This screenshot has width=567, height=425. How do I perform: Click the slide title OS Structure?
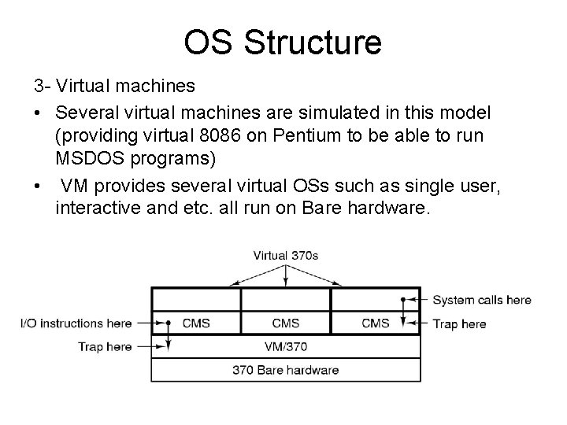coord(283,43)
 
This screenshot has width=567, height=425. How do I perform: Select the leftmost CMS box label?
coord(196,323)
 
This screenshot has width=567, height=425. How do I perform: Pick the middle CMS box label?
coord(285,323)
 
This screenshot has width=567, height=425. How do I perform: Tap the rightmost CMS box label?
coord(376,323)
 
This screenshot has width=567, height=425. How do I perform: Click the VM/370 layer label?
coord(285,346)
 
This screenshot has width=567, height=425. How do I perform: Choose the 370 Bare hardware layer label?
coord(285,369)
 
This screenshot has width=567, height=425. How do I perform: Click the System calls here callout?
coord(482,300)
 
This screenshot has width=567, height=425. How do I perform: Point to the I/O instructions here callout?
coord(76,323)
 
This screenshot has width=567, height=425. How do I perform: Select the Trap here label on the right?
coord(460,323)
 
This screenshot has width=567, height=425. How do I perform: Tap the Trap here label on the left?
coord(104,346)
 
